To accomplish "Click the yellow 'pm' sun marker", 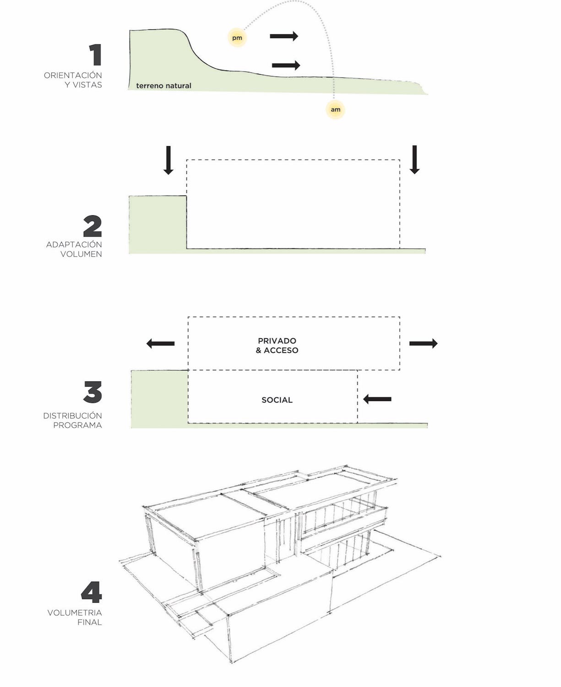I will click(237, 38).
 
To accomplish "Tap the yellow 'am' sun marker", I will click(335, 109).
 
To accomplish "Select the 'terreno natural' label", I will click(163, 86).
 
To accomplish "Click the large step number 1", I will click(95, 55).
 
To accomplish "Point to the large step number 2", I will click(93, 226).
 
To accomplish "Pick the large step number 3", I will click(93, 393).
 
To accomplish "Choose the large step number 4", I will click(92, 593).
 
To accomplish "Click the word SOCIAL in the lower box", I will click(277, 400).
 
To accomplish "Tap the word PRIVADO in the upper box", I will click(277, 341).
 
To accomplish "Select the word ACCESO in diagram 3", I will click(281, 350).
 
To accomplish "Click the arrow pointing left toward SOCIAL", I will click(377, 399).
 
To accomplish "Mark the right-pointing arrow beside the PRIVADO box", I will click(423, 343).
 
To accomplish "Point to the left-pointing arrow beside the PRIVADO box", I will click(160, 343).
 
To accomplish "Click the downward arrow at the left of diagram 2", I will click(169, 160).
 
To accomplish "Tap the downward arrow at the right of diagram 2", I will click(414, 159).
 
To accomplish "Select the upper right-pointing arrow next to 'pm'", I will click(284, 36).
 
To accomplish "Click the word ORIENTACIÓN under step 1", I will click(73, 75).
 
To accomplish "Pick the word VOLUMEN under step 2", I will click(81, 254).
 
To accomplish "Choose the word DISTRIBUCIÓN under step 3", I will click(72, 416).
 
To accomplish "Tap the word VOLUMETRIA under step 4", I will click(75, 613).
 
